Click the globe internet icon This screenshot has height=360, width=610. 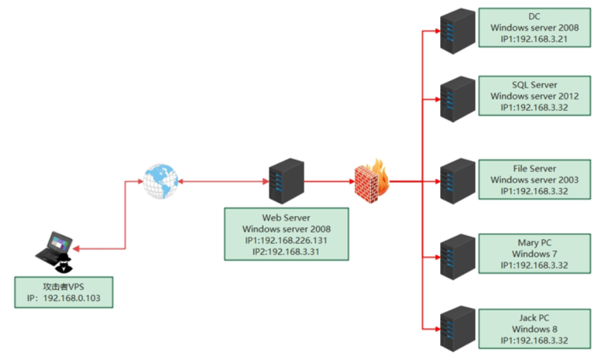pos(159,181)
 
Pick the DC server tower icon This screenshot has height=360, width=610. pos(457,31)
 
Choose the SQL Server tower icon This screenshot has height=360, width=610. pos(457,99)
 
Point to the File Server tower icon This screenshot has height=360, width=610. pos(457,181)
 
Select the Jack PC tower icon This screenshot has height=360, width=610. pos(457,331)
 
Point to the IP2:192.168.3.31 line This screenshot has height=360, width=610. pos(286,252)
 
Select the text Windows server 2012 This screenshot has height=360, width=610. pos(534,96)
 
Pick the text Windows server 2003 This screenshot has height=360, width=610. pos(534,180)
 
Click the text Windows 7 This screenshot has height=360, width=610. pos(534,254)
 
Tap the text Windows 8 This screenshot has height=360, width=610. pos(534,328)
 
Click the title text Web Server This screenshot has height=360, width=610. pos(286,217)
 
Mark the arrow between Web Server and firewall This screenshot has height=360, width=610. pos(329,182)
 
